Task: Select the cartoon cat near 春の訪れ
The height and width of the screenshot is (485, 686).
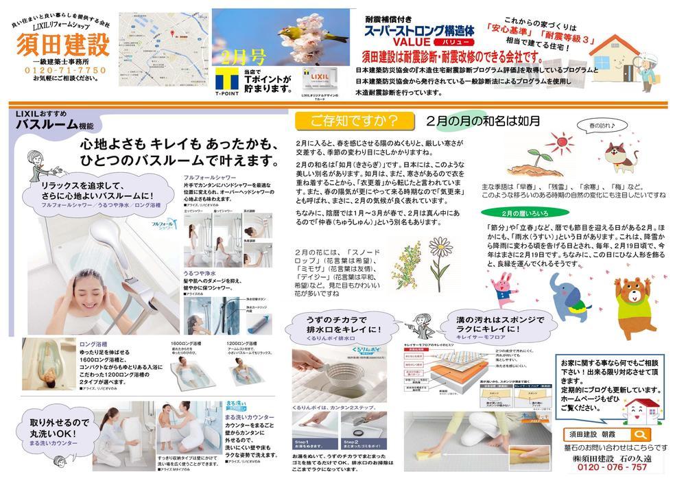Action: (x=617, y=156)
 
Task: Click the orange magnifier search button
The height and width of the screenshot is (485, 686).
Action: (x=640, y=435)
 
